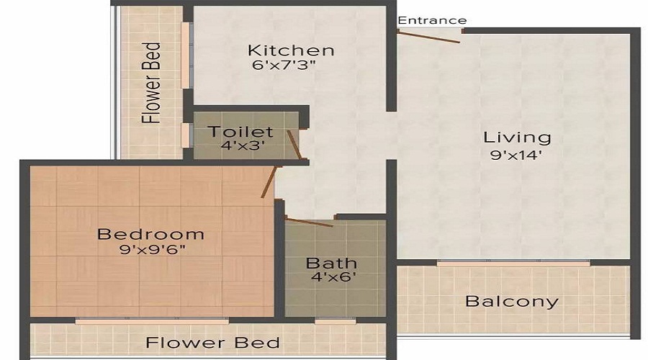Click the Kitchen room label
291,50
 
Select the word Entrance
432,20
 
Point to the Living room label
517,137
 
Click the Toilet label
240,132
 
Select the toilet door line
294,145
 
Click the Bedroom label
150,234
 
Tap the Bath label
332,262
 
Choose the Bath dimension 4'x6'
332,276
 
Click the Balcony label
511,301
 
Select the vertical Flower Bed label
152,82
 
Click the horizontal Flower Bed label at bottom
212,342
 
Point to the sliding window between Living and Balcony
513,263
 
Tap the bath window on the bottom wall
335,320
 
